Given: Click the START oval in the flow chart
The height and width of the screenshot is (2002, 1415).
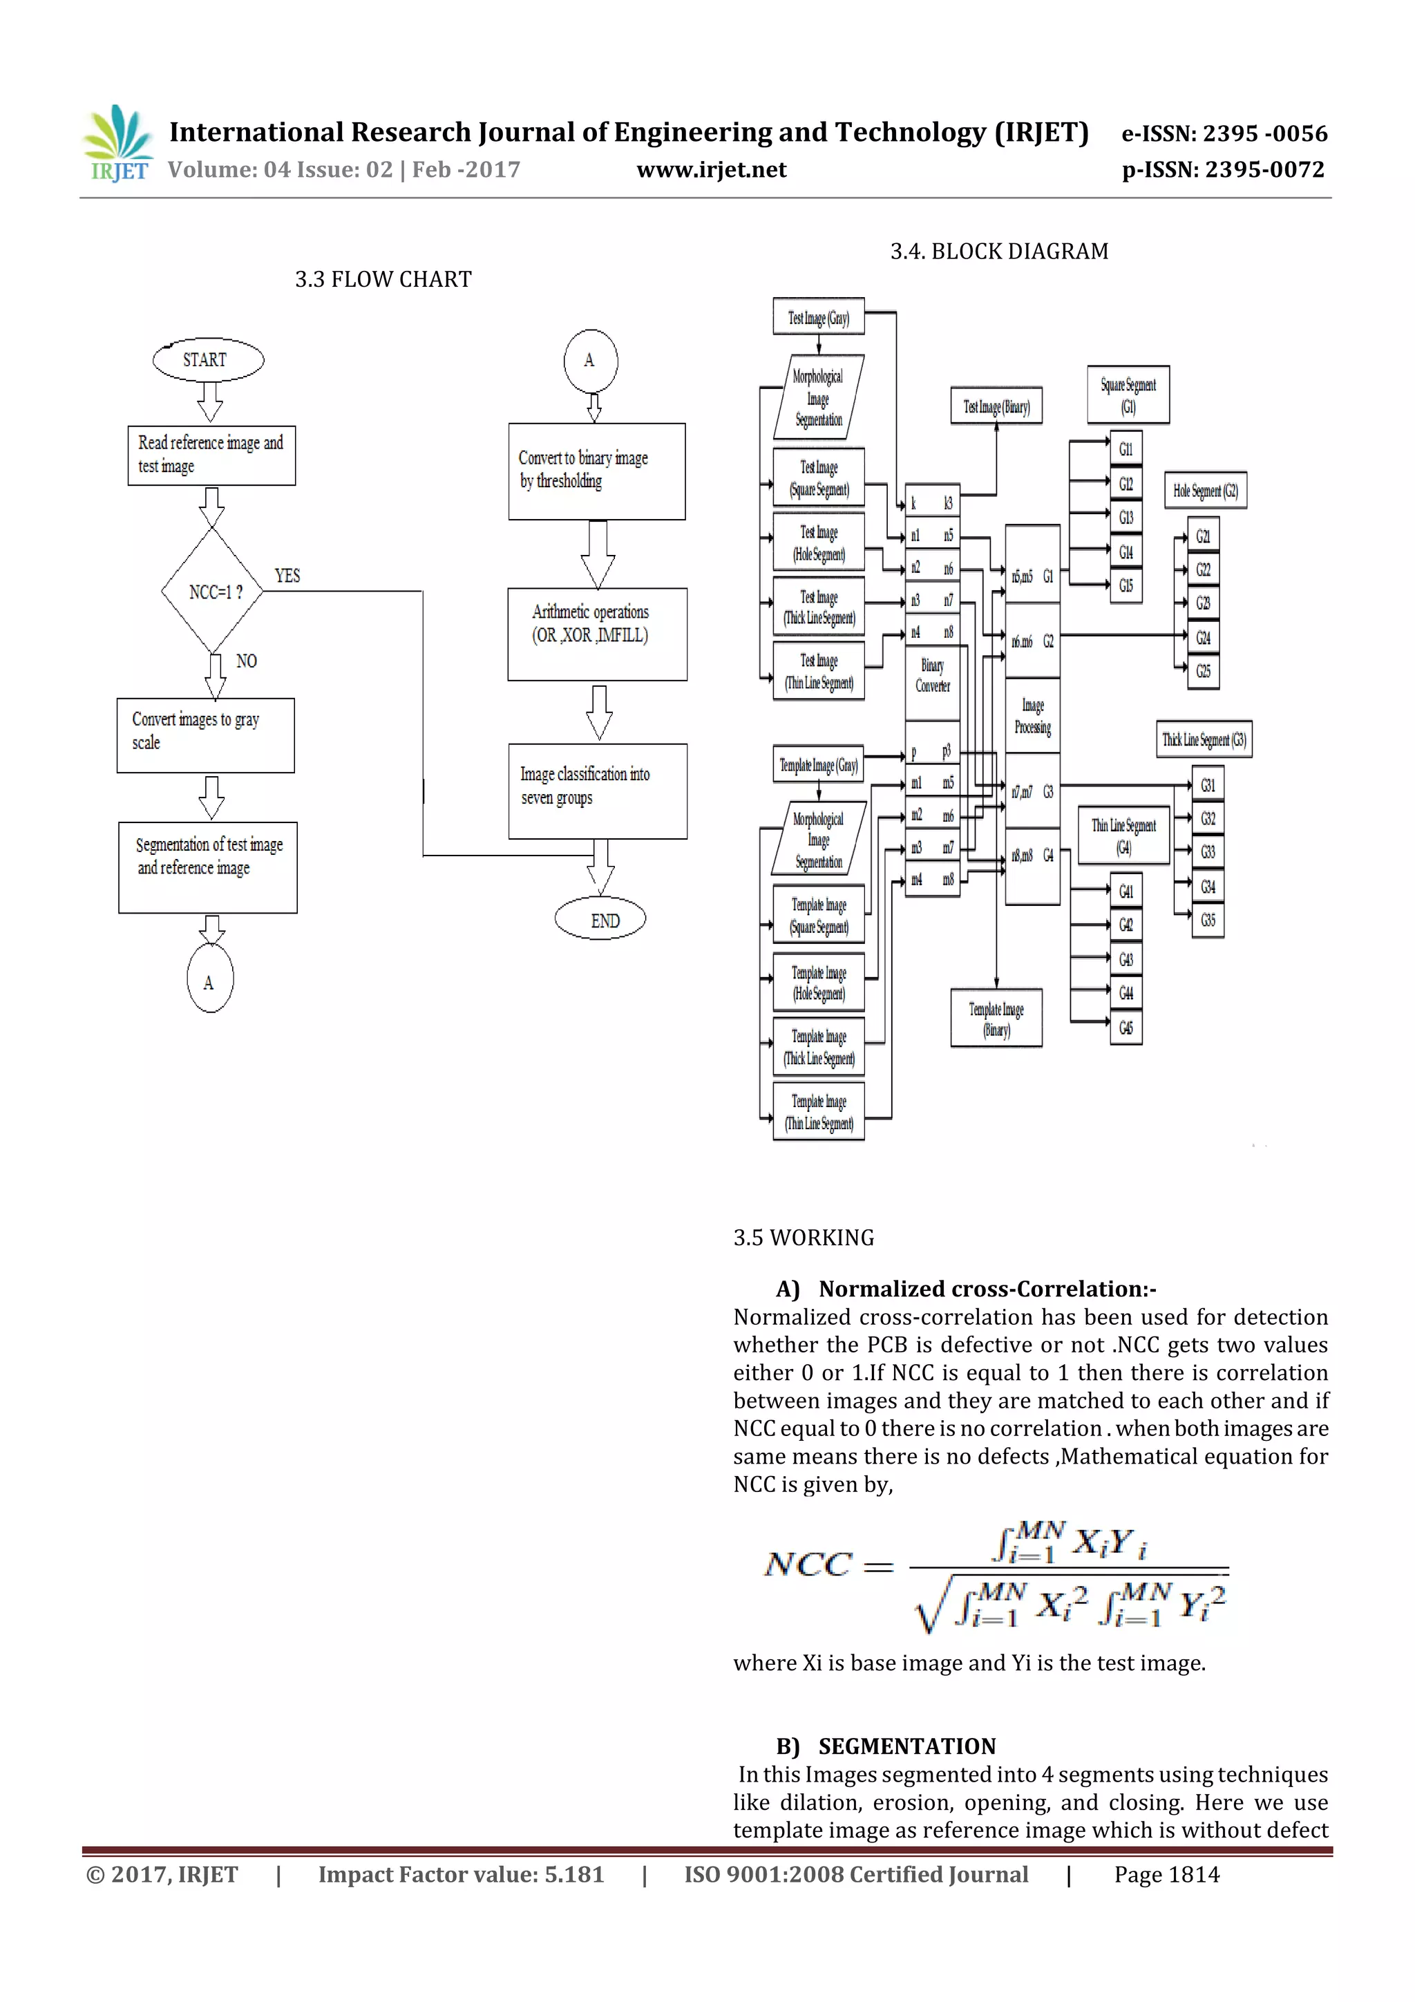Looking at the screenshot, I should [207, 360].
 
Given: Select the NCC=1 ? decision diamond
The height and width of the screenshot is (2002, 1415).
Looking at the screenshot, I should [212, 591].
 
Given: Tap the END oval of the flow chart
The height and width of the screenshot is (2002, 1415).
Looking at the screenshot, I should [600, 920].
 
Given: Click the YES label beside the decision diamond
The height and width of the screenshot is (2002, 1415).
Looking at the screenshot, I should [287, 576].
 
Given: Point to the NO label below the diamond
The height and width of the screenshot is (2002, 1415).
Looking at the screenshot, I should [246, 661].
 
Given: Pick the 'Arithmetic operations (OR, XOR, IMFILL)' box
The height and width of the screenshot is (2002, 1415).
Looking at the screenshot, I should [597, 634].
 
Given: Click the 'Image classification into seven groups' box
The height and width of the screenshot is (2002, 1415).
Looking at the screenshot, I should [597, 791].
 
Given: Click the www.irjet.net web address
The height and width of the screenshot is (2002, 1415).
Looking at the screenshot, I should [712, 169].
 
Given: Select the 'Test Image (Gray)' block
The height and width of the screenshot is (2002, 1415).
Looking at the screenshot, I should [818, 317].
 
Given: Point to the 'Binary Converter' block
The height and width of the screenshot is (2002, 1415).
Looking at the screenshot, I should [932, 676].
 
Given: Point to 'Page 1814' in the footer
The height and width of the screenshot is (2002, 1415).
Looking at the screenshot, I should [1166, 1874].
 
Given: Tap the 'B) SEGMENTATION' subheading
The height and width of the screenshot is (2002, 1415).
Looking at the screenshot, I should [886, 1746].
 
